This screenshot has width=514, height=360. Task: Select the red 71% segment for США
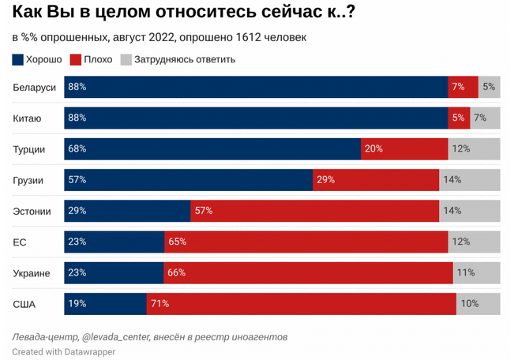pyautogui.click(x=301, y=303)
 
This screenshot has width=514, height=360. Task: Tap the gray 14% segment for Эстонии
pyautogui.click(x=470, y=211)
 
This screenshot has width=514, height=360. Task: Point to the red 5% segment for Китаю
pyautogui.click(x=459, y=118)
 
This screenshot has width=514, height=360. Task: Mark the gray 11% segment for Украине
pyautogui.click(x=476, y=272)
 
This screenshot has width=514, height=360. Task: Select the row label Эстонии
pyautogui.click(x=32, y=211)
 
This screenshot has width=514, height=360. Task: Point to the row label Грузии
pyautogui.click(x=30, y=180)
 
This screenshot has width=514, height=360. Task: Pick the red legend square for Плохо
pyautogui.click(x=76, y=59)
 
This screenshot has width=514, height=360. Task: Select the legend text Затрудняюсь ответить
pyautogui.click(x=185, y=59)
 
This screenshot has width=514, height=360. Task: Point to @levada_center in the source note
pyautogui.click(x=118, y=336)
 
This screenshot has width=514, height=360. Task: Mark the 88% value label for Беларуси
pyautogui.click(x=77, y=88)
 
